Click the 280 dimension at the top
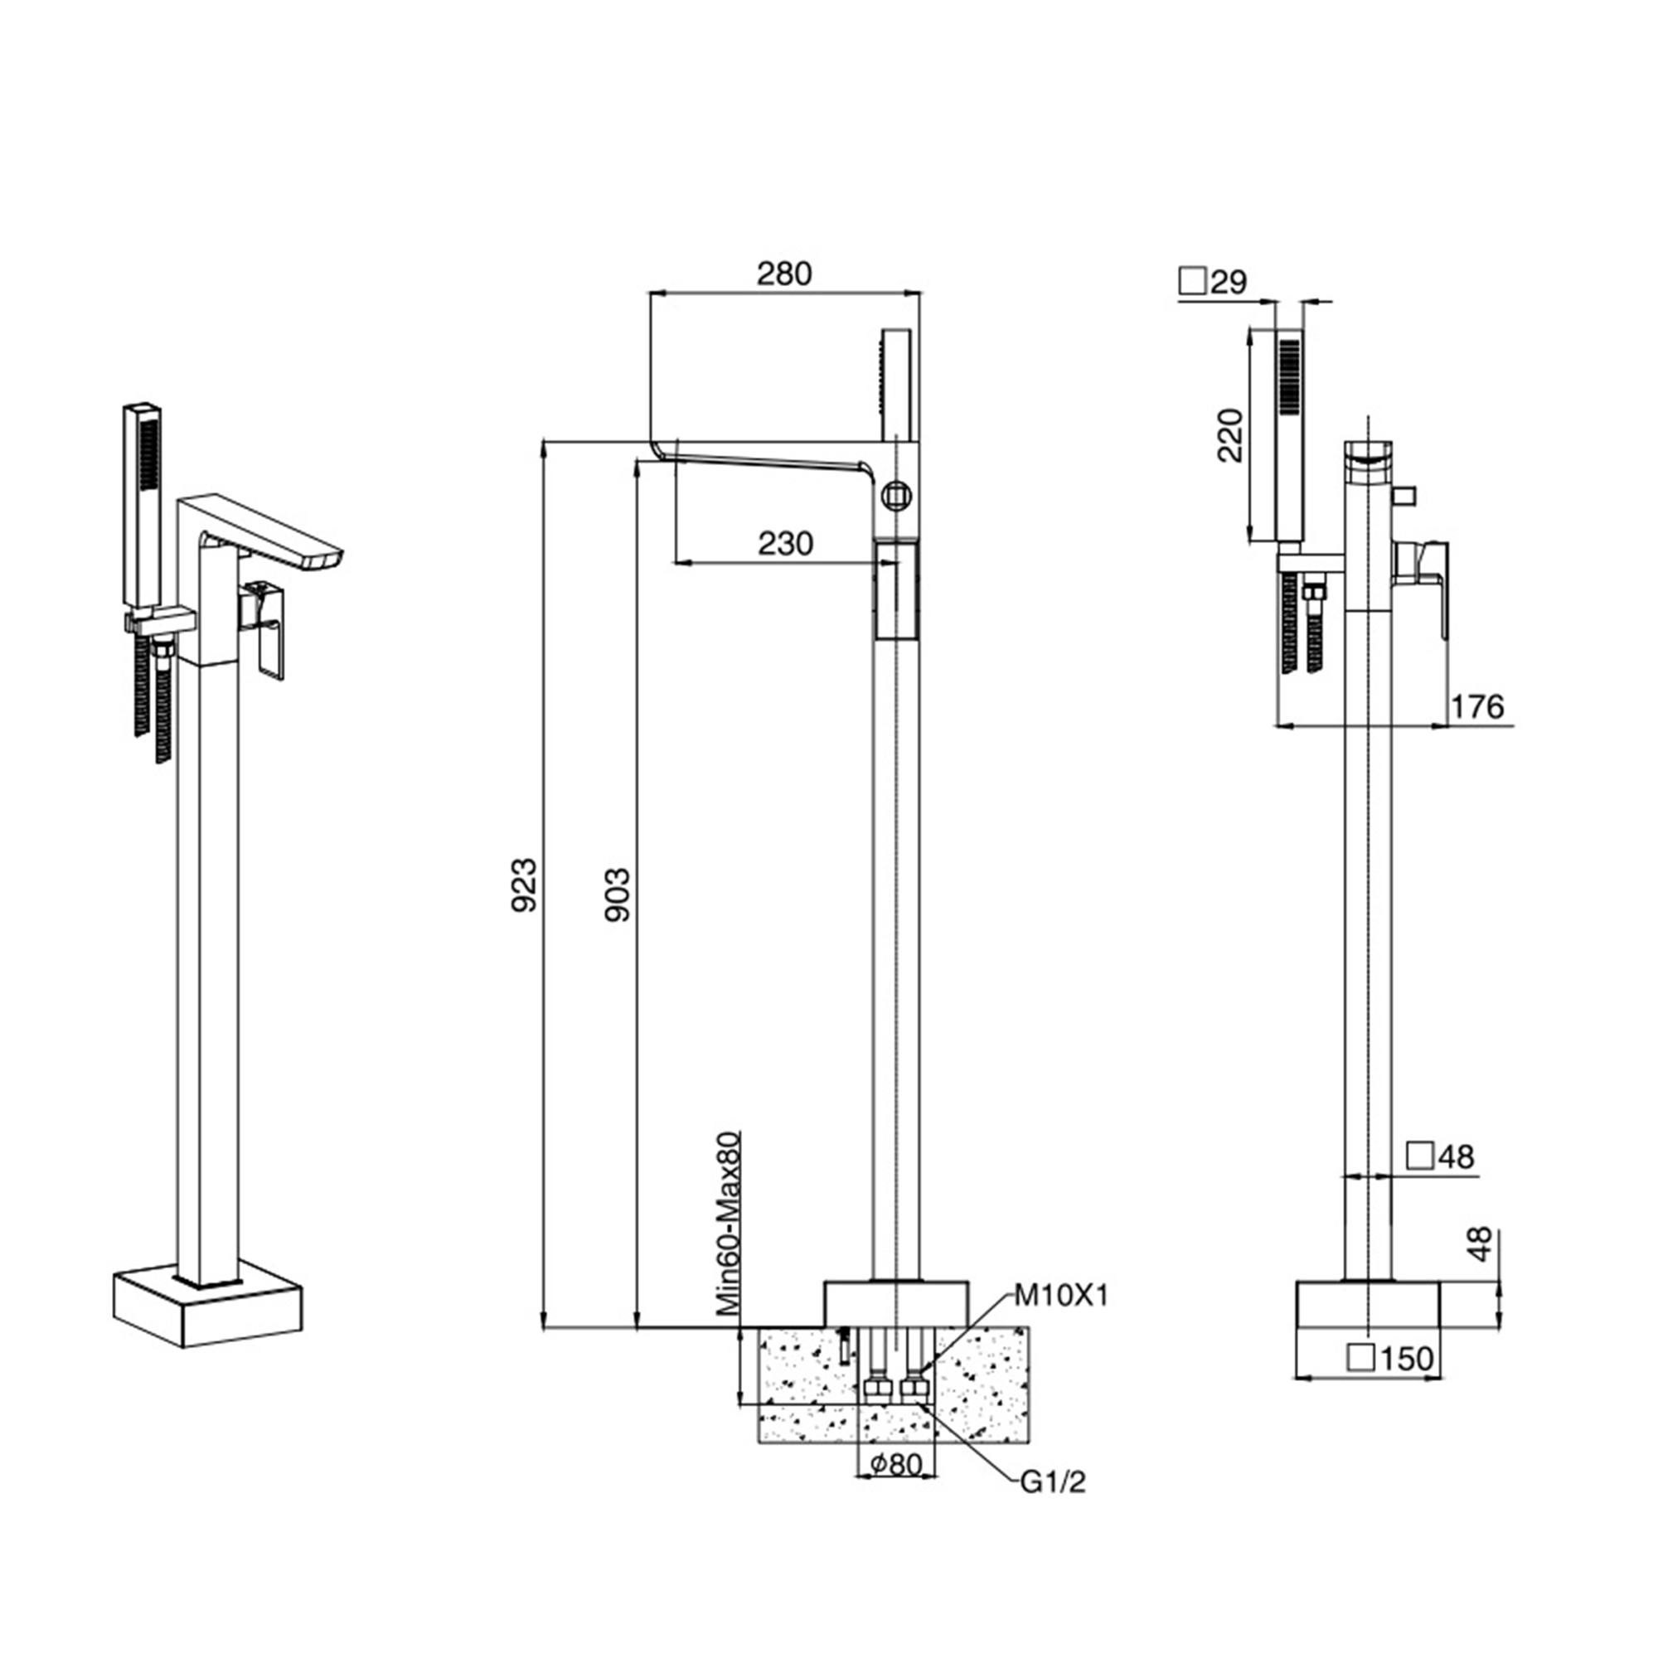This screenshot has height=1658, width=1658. click(783, 274)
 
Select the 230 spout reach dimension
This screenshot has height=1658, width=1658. click(785, 543)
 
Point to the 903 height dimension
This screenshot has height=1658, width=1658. click(617, 895)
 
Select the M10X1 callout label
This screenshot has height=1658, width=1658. click(1061, 1296)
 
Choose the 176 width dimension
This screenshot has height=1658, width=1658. click(1477, 706)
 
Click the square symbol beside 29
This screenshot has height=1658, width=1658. click(1193, 281)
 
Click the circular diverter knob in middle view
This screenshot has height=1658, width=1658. click(896, 495)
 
